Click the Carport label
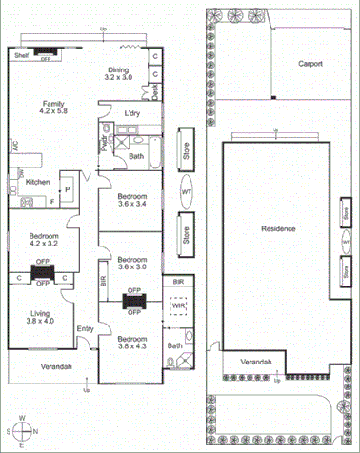point(310,64)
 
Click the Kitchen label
point(37,181)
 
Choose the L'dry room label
point(133,114)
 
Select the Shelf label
point(21,56)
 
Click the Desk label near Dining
point(155,91)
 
